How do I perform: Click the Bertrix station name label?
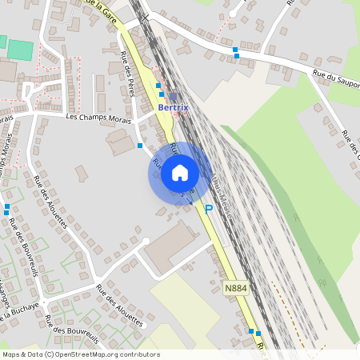tap(174, 107)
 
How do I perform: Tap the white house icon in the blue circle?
tap(180, 173)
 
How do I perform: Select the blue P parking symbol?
tap(208, 210)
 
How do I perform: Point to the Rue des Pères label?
tap(126, 74)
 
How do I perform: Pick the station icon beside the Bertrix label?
tap(173, 96)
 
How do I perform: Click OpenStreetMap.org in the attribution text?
tap(87, 354)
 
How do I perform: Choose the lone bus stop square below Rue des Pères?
tap(140, 146)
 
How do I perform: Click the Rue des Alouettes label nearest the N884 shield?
tap(119, 306)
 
